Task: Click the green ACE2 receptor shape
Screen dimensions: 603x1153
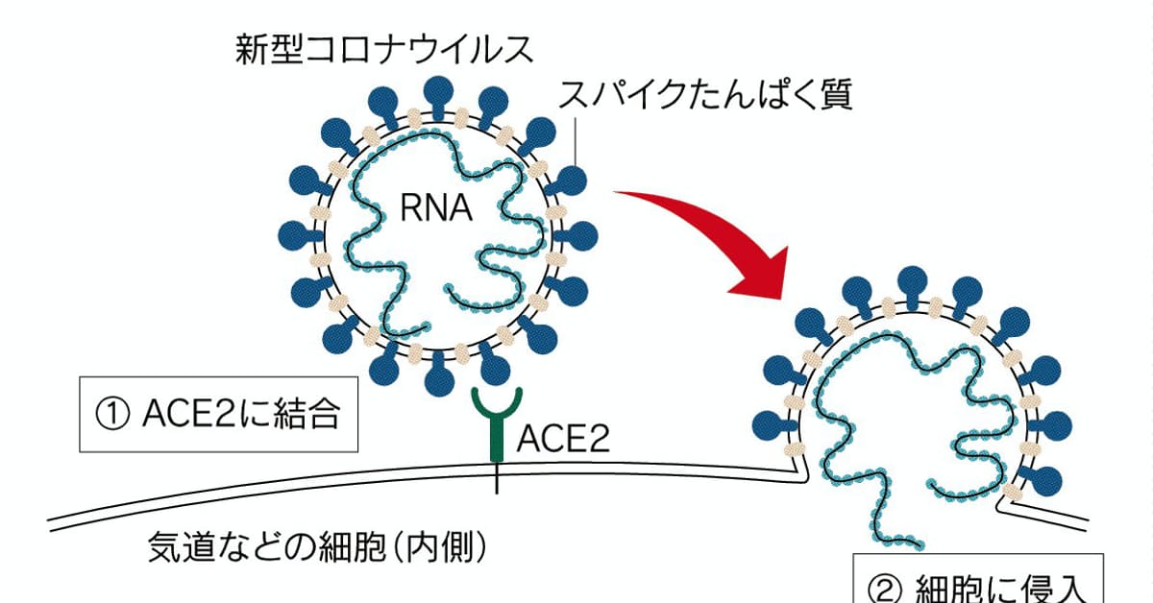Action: pos(497,422)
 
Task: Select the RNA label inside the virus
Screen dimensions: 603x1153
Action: pos(436,207)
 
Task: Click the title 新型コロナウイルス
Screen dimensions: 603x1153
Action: pos(384,50)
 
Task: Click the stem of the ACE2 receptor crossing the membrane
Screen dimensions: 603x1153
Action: pos(497,474)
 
